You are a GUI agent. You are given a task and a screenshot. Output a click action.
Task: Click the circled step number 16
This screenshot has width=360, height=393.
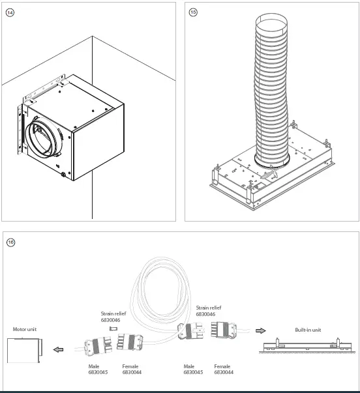click(10, 242)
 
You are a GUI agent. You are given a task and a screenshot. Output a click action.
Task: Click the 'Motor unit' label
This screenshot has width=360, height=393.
click(24, 329)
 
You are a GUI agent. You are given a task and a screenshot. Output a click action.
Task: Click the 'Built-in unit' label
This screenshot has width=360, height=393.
click(308, 330)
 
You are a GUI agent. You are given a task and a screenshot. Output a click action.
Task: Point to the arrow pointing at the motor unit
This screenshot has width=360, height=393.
click(59, 350)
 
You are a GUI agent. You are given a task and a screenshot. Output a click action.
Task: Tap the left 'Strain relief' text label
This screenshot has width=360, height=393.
click(113, 313)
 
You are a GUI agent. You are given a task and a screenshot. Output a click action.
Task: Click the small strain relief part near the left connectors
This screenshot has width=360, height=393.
click(113, 329)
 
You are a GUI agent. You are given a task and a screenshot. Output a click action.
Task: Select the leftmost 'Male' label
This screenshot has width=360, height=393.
click(95, 366)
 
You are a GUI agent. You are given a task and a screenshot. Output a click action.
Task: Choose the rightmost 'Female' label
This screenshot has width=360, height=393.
click(222, 366)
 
